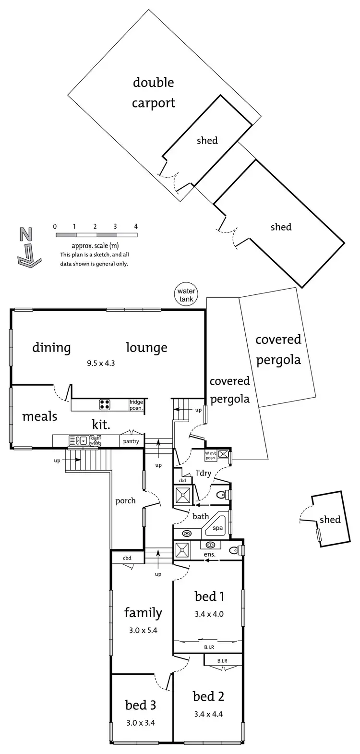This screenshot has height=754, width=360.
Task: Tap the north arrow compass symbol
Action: click(x=26, y=247)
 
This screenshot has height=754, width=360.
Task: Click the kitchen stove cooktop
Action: click(x=105, y=404)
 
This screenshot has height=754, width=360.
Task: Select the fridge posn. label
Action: click(x=136, y=404)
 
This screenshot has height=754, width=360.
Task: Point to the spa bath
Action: click(x=217, y=526)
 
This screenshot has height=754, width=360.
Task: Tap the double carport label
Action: click(x=154, y=92)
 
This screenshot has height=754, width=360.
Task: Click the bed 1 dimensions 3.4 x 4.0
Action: click(x=209, y=613)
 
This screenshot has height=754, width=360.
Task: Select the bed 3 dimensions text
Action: click(x=140, y=722)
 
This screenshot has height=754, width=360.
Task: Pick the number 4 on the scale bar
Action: click(x=136, y=226)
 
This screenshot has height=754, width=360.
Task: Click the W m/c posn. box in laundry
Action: click(x=211, y=454)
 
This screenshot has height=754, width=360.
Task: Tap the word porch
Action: click(x=125, y=500)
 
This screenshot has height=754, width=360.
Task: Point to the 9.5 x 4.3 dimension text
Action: click(x=101, y=363)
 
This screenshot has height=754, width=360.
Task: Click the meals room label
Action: click(x=40, y=416)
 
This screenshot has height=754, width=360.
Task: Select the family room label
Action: click(x=143, y=612)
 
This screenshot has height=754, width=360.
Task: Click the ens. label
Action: click(x=210, y=554)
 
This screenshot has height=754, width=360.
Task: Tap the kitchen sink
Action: click(x=77, y=439)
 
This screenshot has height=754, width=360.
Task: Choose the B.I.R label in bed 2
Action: click(x=222, y=661)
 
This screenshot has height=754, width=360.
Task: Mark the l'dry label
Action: click(x=203, y=473)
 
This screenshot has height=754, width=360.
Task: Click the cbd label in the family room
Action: click(x=127, y=558)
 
